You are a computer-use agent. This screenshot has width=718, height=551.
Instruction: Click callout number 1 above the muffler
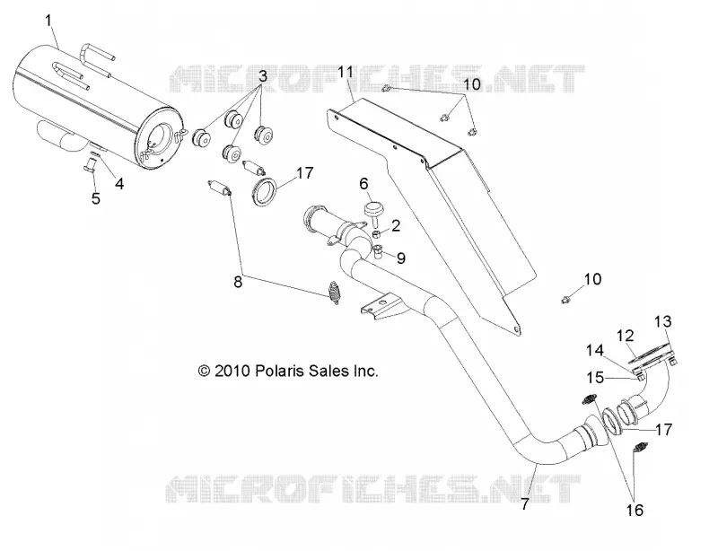(x=48, y=21)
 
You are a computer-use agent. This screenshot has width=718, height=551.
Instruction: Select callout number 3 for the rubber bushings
(x=262, y=76)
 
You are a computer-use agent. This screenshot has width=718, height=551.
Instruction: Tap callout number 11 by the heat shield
(x=346, y=73)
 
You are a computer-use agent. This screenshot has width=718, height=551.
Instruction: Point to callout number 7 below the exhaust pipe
(x=525, y=503)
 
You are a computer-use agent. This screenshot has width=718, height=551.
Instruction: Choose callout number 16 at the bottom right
(x=635, y=510)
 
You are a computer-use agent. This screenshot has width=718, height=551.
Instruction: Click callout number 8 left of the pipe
(x=238, y=282)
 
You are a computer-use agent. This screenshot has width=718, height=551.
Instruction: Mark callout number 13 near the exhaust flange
(x=662, y=321)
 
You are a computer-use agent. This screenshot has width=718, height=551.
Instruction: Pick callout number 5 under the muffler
(x=96, y=198)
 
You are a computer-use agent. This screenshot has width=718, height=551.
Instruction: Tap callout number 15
(x=595, y=378)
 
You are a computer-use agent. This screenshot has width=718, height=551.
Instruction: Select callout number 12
(x=626, y=336)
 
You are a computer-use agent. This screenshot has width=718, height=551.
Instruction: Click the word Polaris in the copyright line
(x=279, y=371)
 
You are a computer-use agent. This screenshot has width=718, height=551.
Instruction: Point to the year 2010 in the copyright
(x=232, y=371)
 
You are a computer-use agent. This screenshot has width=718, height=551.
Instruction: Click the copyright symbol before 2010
(x=204, y=371)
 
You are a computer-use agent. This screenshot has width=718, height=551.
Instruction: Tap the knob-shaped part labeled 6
(x=374, y=212)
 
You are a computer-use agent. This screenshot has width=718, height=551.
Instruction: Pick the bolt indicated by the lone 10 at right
(x=566, y=300)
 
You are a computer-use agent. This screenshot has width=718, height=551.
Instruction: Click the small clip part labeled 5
(x=90, y=163)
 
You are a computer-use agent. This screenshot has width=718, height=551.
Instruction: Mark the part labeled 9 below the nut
(x=378, y=251)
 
